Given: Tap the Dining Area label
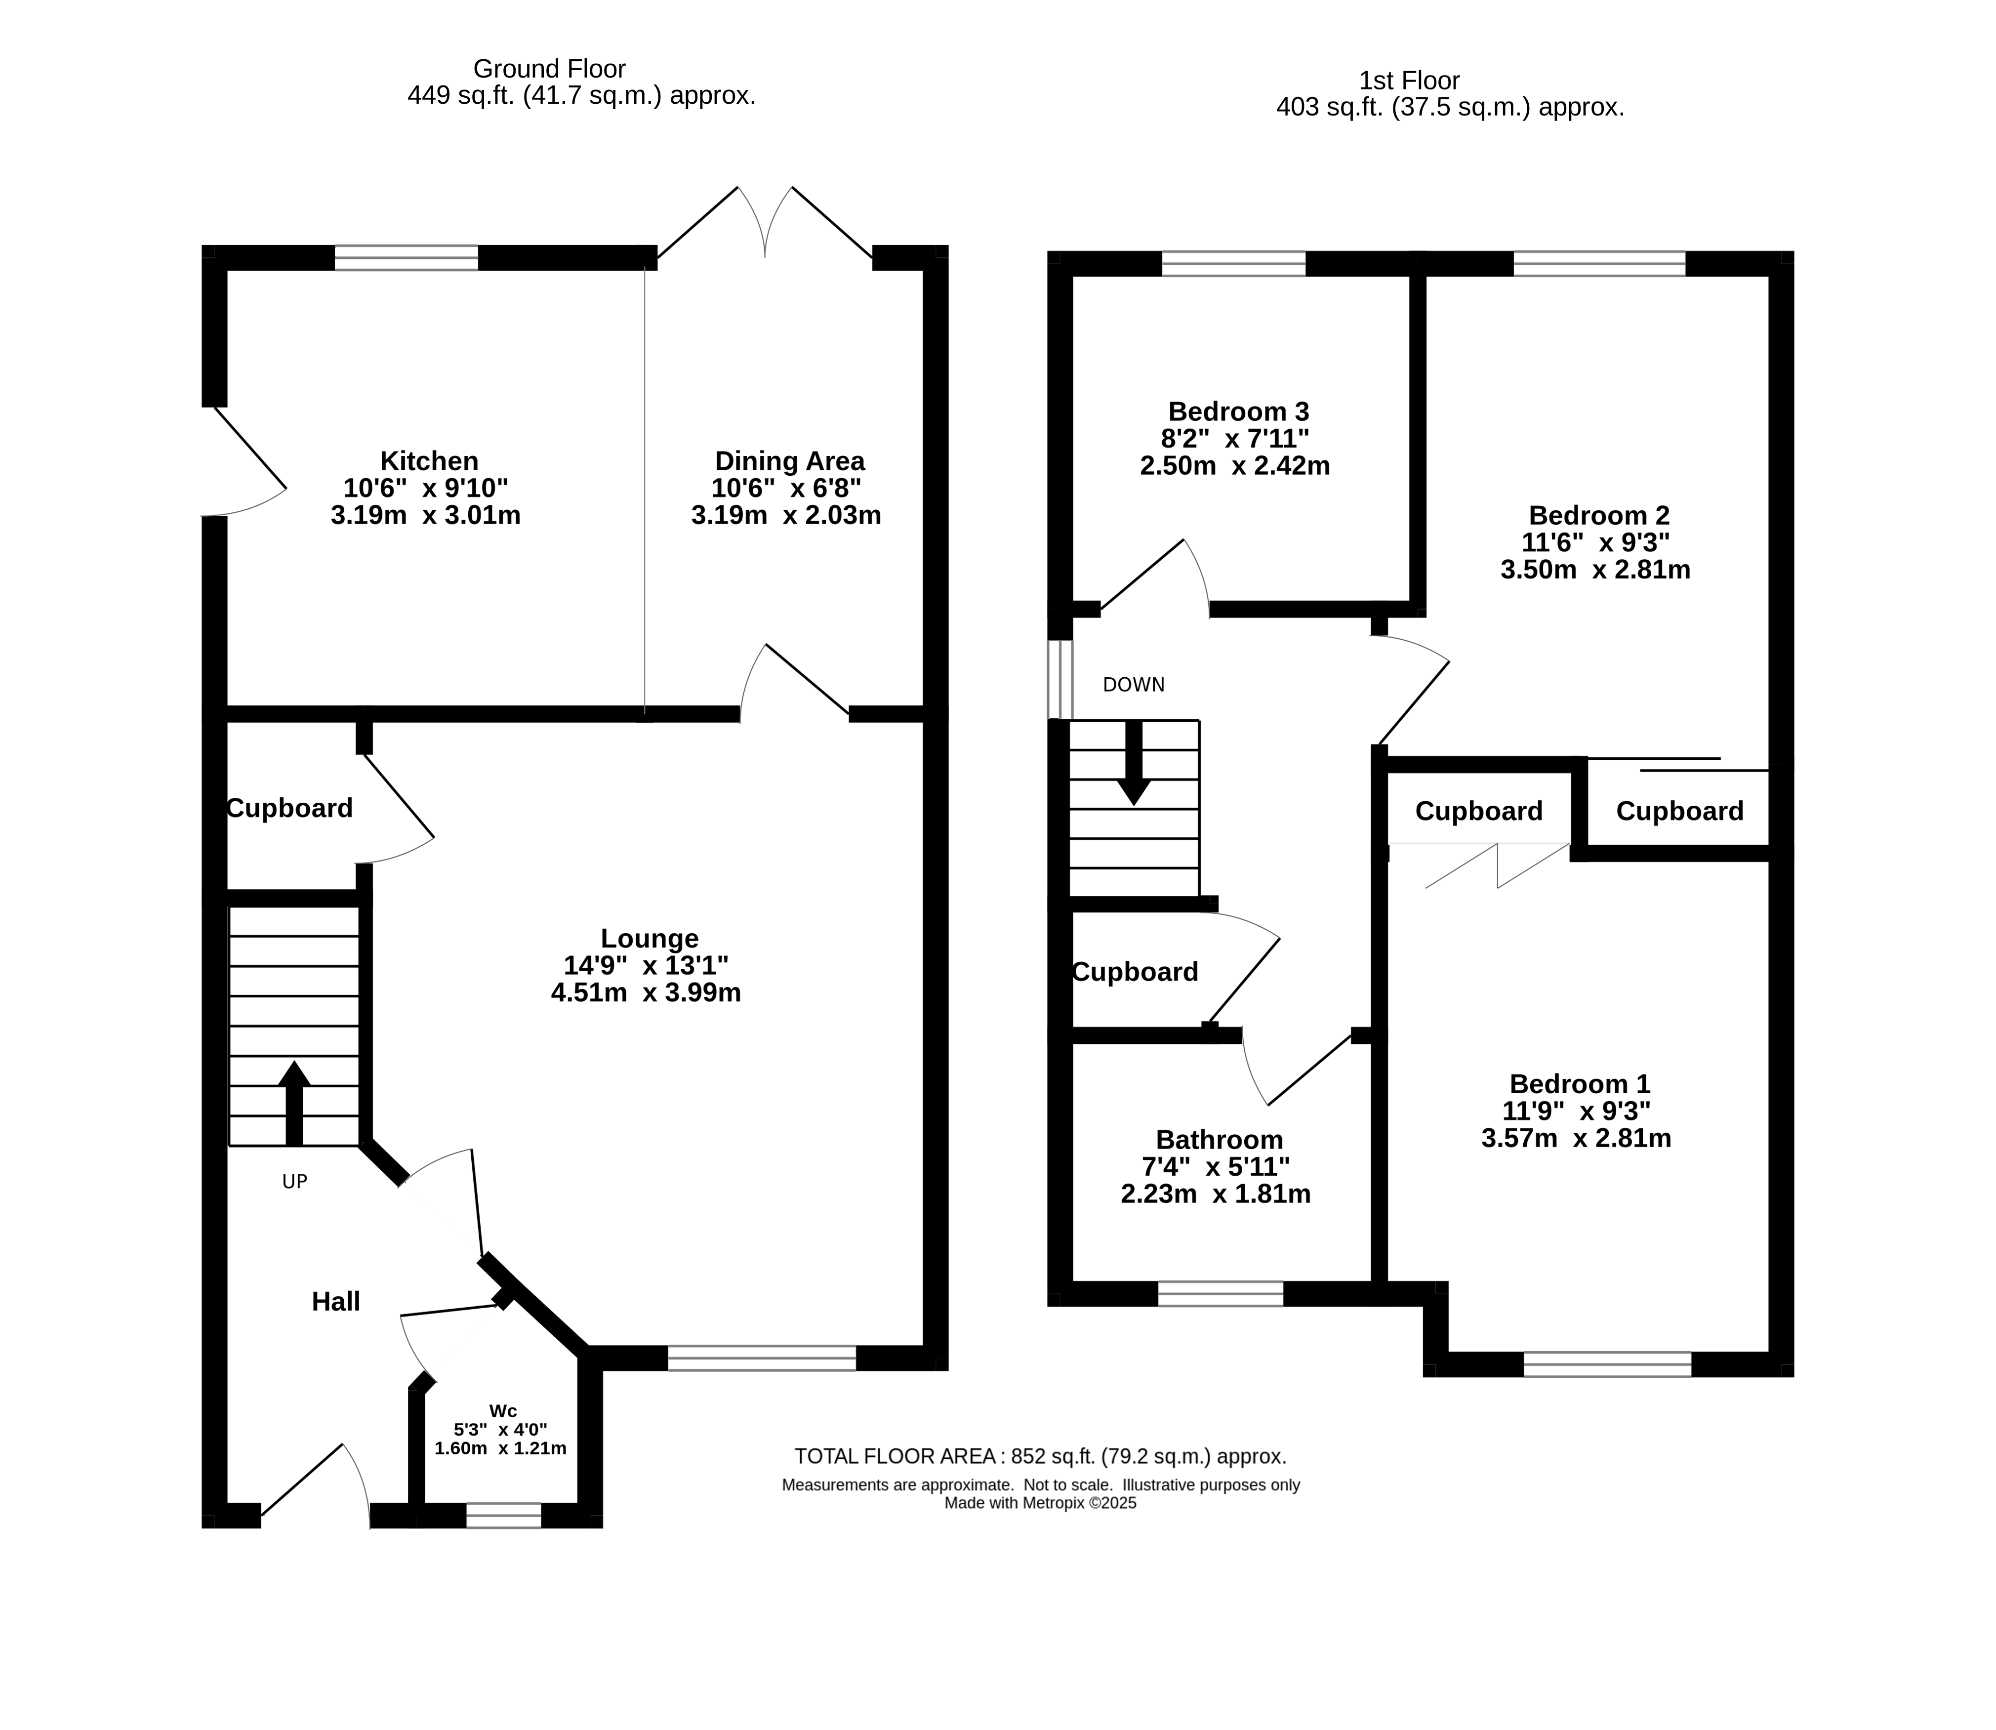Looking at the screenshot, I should (789, 461).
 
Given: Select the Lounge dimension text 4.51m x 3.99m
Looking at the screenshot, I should (646, 992).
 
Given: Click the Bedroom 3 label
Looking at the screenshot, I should (1238, 412).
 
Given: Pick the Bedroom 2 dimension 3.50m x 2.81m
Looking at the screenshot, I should (1595, 570).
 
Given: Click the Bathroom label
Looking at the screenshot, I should (1219, 1140).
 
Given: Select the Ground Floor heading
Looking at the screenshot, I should (549, 69).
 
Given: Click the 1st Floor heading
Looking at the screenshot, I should (1409, 80).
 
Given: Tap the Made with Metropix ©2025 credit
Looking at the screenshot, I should (1040, 1503).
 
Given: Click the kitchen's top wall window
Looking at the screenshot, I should (407, 258).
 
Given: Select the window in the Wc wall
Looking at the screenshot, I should (504, 1516).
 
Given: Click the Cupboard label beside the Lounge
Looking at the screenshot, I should (289, 808).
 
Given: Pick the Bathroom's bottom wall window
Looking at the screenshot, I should (1221, 1294).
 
